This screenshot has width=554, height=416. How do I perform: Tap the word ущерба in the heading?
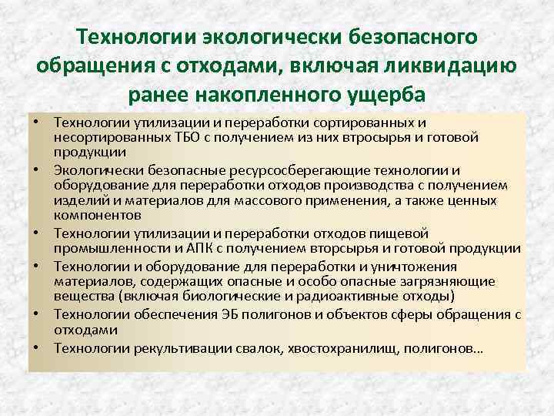point(381,94)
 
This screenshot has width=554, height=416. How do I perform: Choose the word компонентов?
point(97,215)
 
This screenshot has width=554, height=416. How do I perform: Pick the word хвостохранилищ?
point(327,347)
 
